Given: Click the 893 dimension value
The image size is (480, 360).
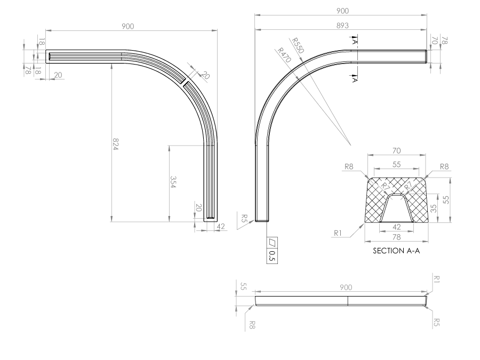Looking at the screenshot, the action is (342, 26).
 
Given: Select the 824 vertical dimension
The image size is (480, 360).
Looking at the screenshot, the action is (115, 144).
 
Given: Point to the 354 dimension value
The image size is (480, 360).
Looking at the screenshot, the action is (173, 182).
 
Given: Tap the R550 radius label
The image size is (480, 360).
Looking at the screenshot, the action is (298, 45).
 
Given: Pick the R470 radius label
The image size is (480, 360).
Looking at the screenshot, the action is (284, 55).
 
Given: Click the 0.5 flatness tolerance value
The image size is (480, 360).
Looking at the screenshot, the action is (272, 256).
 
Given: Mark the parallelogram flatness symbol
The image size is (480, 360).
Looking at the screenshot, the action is (272, 243).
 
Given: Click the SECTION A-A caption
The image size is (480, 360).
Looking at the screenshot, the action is (396, 251).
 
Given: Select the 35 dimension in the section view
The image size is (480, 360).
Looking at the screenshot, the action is (434, 209).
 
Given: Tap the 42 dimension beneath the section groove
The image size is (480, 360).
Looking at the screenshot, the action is (396, 227).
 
